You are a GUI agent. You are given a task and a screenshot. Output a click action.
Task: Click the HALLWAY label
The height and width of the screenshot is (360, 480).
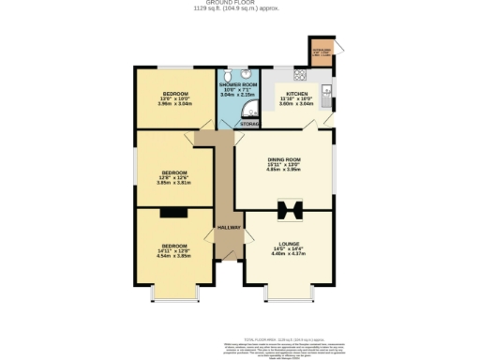[229, 228]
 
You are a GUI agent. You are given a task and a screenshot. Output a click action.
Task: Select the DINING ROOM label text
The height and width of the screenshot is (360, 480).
[282, 159]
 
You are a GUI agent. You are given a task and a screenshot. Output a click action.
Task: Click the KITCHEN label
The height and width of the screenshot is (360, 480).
[297, 95]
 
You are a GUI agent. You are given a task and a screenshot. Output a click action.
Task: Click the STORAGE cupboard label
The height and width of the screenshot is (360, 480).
[248, 123]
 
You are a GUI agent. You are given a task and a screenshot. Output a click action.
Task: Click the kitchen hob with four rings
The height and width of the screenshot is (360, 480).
[302, 75]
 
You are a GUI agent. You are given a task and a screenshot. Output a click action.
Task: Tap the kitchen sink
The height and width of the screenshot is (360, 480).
[326, 90]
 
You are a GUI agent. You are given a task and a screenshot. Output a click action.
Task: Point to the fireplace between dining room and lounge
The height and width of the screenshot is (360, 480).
[288, 209]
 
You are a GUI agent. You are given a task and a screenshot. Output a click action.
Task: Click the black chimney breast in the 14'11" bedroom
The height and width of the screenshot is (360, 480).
[172, 211]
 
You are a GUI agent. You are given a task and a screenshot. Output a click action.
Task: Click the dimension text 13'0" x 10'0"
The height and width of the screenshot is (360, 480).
[177, 98]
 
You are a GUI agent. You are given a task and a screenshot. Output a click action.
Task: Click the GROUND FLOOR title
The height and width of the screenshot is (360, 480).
[239, 4]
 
